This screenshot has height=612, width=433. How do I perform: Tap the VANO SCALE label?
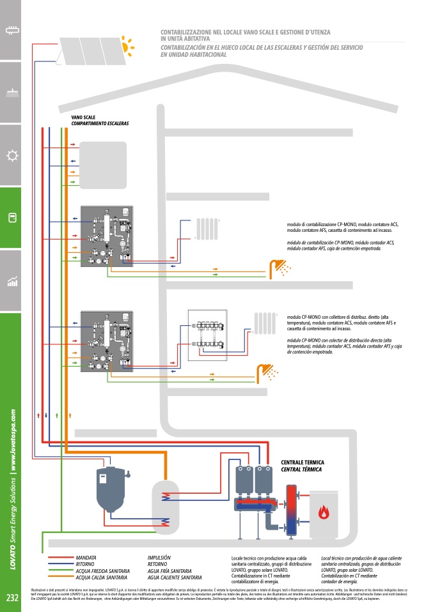[x=84, y=118]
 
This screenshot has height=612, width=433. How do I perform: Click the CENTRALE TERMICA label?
[x=303, y=462]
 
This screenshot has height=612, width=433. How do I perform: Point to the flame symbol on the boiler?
[x=324, y=512]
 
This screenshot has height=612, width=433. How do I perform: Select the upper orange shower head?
[x=279, y=266]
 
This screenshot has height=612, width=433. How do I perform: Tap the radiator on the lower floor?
[x=264, y=324]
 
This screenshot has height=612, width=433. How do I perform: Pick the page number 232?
[x=12, y=599]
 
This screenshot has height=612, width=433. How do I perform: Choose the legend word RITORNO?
[x=86, y=564]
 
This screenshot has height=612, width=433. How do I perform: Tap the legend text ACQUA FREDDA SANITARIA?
[x=102, y=570]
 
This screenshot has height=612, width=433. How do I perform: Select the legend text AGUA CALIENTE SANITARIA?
[x=175, y=577]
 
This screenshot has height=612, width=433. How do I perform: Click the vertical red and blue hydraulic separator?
[x=292, y=511]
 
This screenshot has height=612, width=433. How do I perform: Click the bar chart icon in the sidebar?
[x=12, y=281]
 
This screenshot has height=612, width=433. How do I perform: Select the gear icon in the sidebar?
[x=12, y=155]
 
